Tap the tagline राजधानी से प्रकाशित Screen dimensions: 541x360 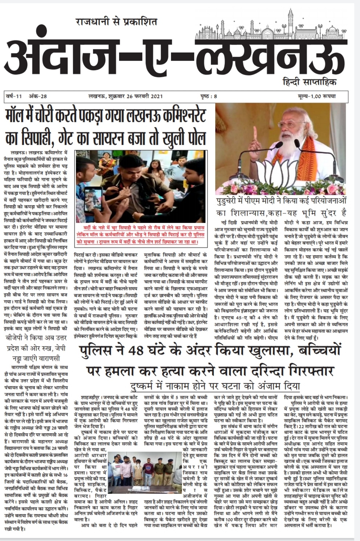[116, 22]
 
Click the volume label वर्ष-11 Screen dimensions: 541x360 [15, 96]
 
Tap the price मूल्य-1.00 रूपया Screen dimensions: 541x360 [315, 96]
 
